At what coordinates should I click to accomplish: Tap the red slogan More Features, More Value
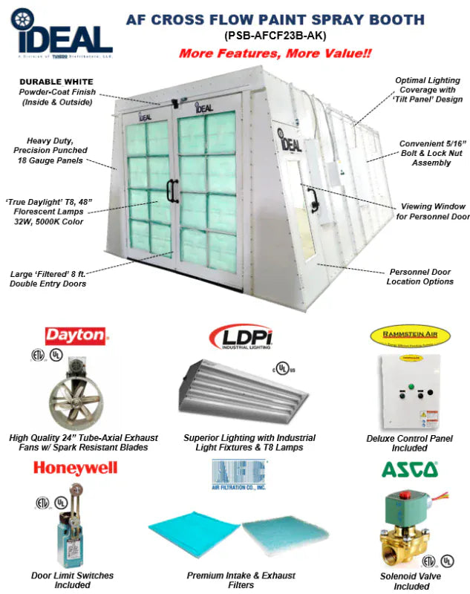[275, 53]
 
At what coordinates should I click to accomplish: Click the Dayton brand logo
[76, 335]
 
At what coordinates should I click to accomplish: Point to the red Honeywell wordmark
[74, 468]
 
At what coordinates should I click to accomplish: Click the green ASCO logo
[409, 469]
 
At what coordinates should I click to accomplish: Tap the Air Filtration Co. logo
[239, 474]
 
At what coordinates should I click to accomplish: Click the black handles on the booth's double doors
[172, 190]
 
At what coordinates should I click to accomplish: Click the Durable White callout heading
[56, 82]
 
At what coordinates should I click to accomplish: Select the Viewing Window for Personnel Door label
[434, 212]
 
